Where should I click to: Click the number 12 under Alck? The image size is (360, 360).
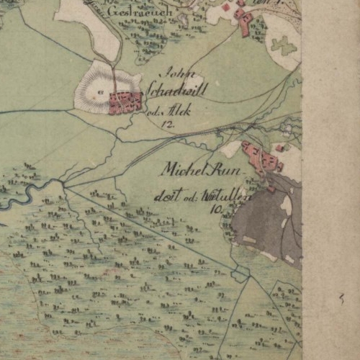point(169,124)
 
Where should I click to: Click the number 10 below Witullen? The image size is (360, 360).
point(215,210)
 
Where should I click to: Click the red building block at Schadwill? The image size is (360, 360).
point(125,102)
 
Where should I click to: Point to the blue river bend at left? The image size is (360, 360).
point(22,194)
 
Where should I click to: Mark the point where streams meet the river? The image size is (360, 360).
point(64,185)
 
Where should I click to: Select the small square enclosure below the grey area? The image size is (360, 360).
point(240,274)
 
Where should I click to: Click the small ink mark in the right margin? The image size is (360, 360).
point(342,297)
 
